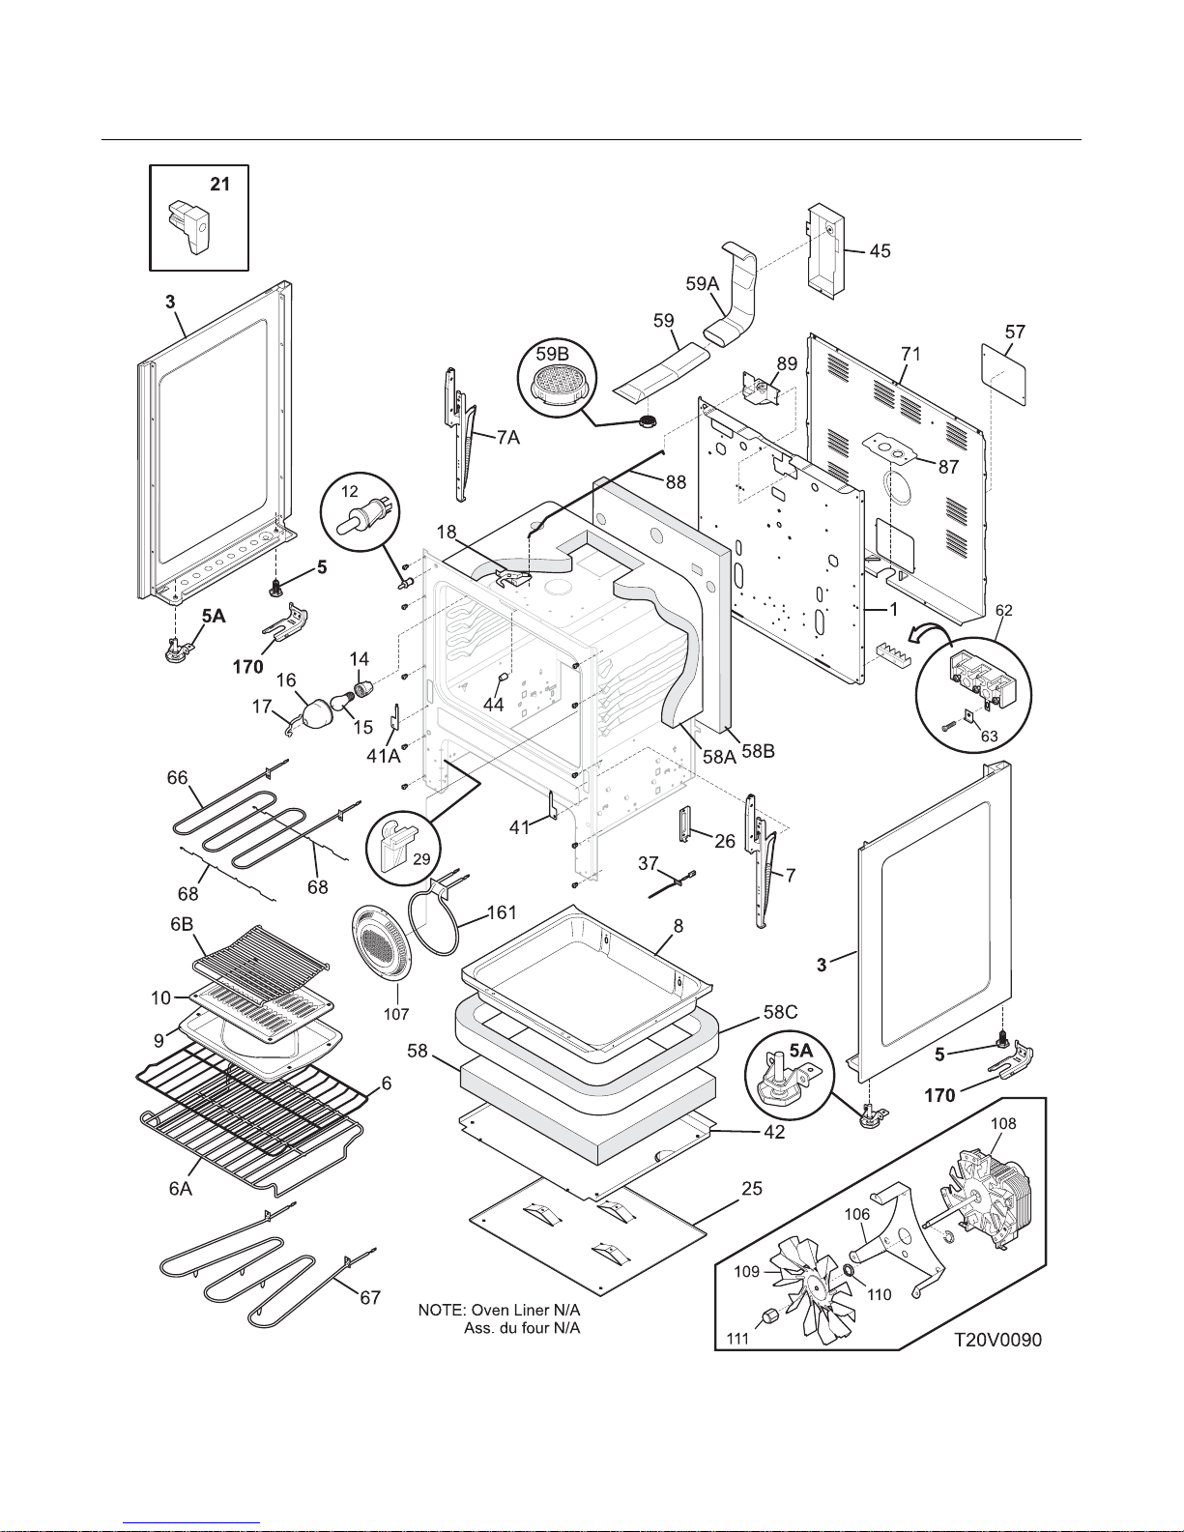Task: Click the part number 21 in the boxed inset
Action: click(220, 184)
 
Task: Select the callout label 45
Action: click(880, 251)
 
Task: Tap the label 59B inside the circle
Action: click(552, 353)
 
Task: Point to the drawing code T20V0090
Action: click(997, 1341)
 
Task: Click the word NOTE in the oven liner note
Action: click(441, 1311)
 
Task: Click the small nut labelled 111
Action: click(767, 1316)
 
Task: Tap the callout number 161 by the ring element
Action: click(502, 912)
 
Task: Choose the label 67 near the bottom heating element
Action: click(370, 1298)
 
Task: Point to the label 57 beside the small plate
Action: click(1014, 332)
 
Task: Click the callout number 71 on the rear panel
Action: click(910, 354)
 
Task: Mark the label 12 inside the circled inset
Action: click(350, 492)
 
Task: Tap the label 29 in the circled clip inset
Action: click(421, 858)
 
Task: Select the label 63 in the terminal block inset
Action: click(989, 737)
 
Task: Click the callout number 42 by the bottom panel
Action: click(774, 1132)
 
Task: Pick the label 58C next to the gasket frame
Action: click(780, 1012)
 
